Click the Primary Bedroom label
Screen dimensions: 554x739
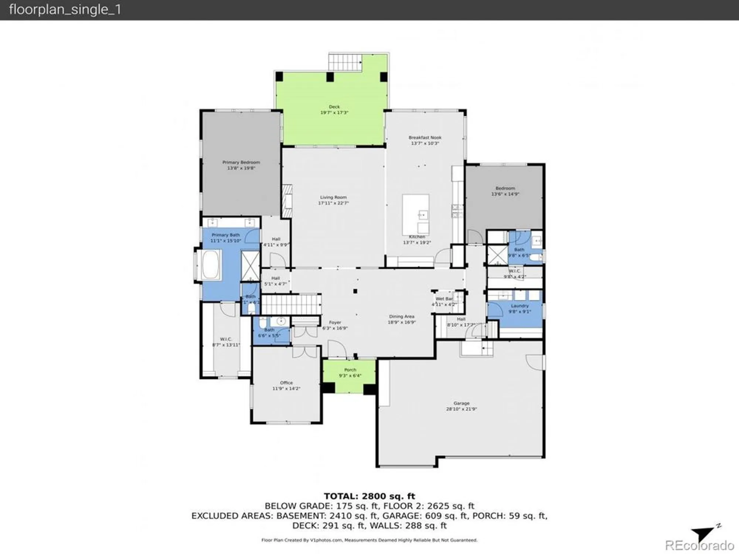click(241, 162)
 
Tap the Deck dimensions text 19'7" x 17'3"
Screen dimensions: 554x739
click(334, 113)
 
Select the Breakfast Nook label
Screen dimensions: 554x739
click(425, 137)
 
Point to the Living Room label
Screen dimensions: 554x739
click(333, 197)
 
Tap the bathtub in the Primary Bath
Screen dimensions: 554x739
click(211, 265)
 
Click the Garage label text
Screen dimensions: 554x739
click(462, 403)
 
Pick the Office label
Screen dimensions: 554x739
click(286, 383)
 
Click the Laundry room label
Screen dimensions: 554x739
click(520, 306)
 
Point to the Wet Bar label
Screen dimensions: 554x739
click(444, 299)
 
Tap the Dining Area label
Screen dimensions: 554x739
click(401, 317)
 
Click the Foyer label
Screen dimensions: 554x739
click(335, 322)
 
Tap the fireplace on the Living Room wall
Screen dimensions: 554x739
click(287, 201)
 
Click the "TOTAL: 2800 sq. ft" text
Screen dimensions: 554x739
click(369, 496)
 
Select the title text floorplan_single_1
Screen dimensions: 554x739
click(65, 10)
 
